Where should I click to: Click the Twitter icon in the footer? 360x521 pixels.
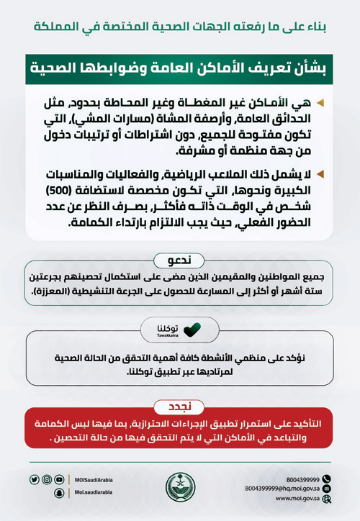coord(35,479)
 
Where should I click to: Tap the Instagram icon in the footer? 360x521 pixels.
coord(47,479)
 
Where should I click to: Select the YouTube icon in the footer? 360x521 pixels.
coord(59,479)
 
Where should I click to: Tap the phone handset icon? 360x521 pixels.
coord(326,479)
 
